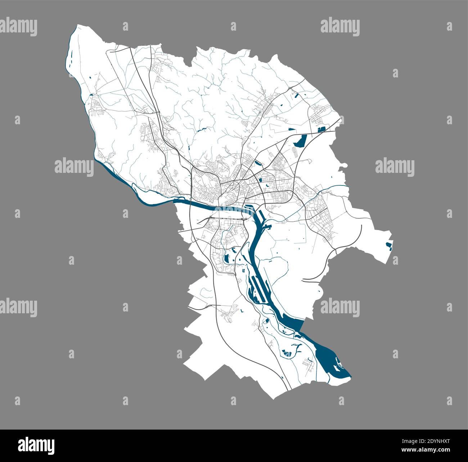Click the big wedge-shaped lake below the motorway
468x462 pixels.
[300, 141]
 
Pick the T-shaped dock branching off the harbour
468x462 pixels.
[267, 226]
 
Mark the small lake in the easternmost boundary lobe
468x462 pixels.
[389, 246]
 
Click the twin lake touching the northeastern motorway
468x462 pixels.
[321, 129]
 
